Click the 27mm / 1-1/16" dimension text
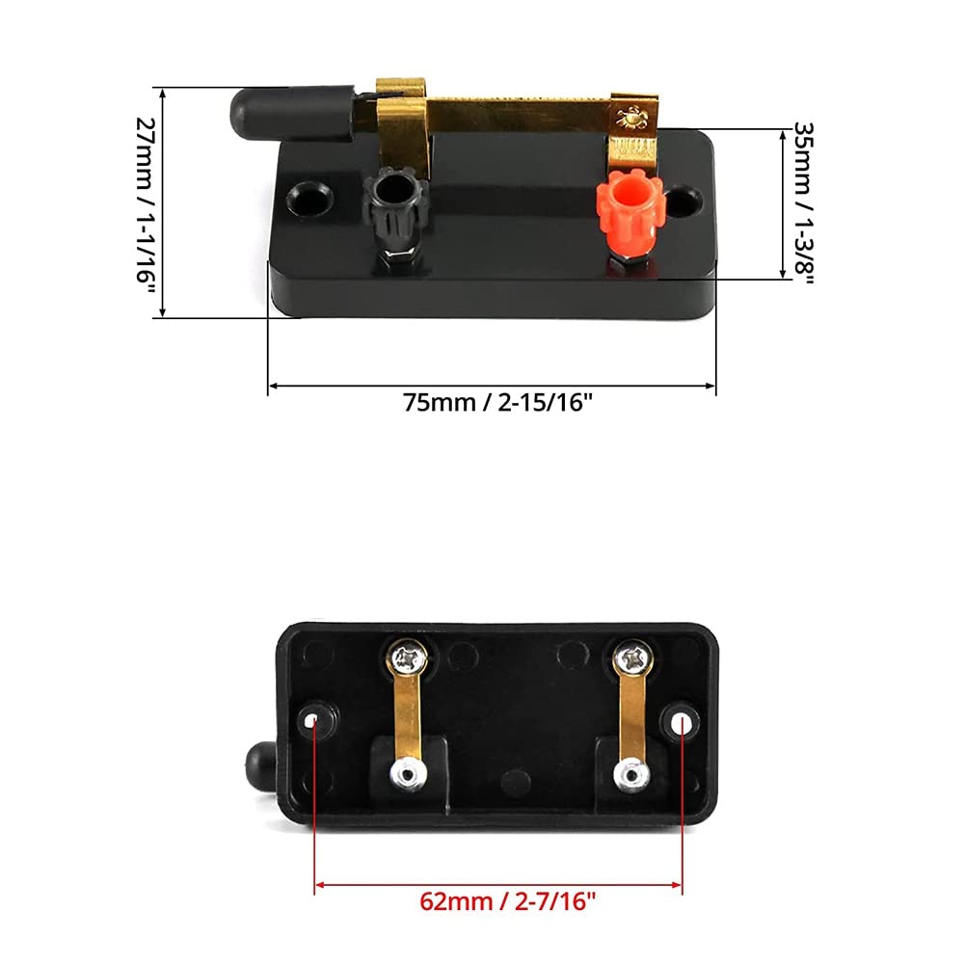pyautogui.click(x=146, y=201)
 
